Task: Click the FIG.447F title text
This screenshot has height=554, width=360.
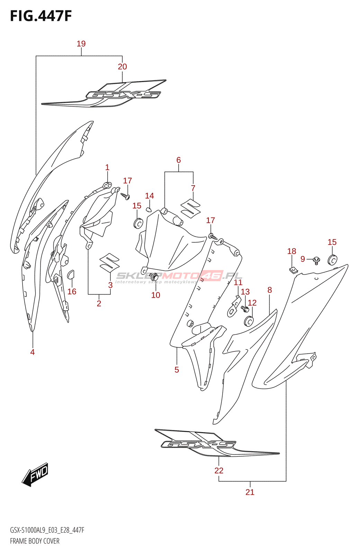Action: pyautogui.click(x=41, y=16)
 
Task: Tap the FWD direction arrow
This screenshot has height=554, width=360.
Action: pyautogui.click(x=36, y=474)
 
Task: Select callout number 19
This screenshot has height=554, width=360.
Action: pyautogui.click(x=81, y=44)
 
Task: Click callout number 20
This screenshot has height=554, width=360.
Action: pyautogui.click(x=122, y=66)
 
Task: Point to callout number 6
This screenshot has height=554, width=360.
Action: pyautogui.click(x=179, y=160)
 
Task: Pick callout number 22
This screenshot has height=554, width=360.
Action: pyautogui.click(x=219, y=471)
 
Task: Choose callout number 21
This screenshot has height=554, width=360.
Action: pyautogui.click(x=250, y=492)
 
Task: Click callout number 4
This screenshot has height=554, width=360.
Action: pyautogui.click(x=33, y=352)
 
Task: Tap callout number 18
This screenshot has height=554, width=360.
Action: pyautogui.click(x=291, y=251)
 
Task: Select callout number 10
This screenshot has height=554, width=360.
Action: pyautogui.click(x=156, y=295)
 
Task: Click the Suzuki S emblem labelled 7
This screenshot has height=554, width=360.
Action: pyautogui.click(x=190, y=209)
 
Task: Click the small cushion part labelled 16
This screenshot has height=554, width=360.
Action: pyautogui.click(x=71, y=274)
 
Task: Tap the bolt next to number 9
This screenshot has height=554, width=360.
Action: pyautogui.click(x=316, y=260)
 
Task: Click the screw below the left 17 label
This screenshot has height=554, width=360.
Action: pyautogui.click(x=125, y=196)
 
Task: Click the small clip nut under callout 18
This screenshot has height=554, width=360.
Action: pyautogui.click(x=293, y=269)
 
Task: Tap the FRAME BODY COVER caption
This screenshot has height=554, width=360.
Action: pyautogui.click(x=35, y=541)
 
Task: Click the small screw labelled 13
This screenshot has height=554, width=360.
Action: pyautogui.click(x=245, y=308)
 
